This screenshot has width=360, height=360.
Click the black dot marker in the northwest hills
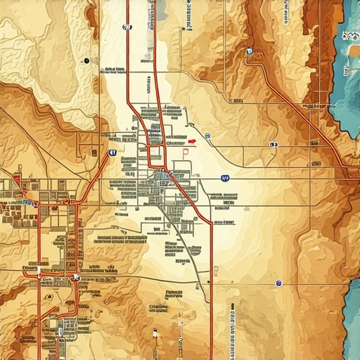click(x=86, y=61)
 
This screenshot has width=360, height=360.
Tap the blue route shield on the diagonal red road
click(x=112, y=152)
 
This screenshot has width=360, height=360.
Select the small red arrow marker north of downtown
click(x=191, y=141)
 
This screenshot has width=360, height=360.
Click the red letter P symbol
click(x=186, y=150)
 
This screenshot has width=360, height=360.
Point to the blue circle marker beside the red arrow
click(x=207, y=136)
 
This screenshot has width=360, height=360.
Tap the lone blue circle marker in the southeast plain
click(x=278, y=283)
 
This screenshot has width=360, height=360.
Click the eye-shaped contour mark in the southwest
click(x=49, y=296)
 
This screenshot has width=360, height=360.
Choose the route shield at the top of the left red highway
click(x=127, y=27)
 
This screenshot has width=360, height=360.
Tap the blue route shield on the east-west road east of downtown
click(x=224, y=179)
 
